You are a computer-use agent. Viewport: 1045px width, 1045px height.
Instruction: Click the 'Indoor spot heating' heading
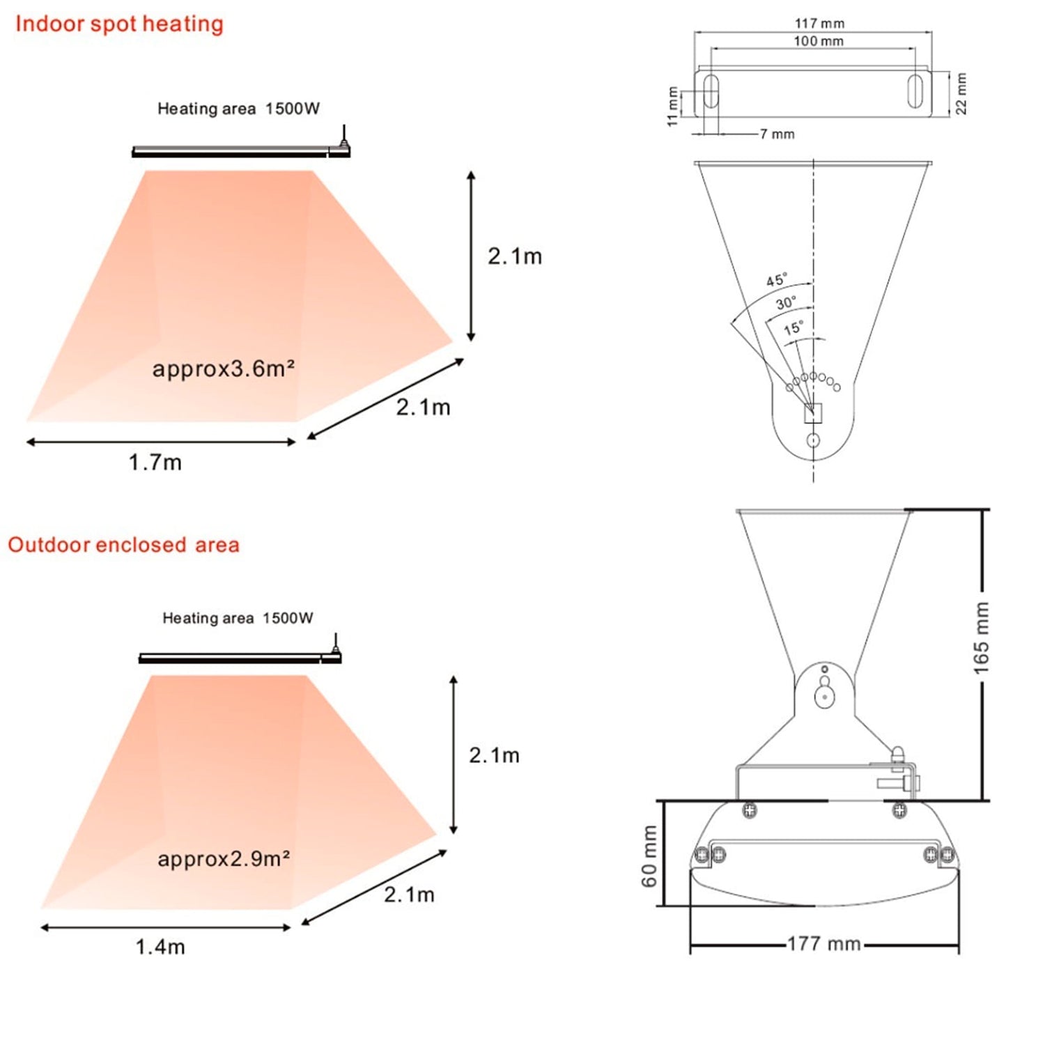click(119, 24)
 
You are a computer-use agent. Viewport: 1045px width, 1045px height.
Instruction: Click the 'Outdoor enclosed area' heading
click(123, 545)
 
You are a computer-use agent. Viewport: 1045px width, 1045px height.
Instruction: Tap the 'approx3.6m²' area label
click(223, 369)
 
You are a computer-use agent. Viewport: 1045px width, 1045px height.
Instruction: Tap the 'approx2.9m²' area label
click(223, 859)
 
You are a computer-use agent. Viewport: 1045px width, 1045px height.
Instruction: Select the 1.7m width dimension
click(155, 463)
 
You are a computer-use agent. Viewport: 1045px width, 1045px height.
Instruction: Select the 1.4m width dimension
click(160, 947)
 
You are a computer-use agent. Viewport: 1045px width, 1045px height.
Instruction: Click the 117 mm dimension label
click(819, 23)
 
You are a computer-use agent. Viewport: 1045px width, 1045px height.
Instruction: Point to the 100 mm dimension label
click(819, 41)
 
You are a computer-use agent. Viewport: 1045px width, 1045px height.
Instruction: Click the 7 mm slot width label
click(777, 134)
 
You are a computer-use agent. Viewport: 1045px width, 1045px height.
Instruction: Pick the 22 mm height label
click(961, 93)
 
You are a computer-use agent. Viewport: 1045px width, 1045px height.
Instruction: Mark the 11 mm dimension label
click(672, 106)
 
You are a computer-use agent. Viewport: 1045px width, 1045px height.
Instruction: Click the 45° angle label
click(777, 280)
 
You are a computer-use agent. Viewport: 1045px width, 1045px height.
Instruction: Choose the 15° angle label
click(793, 328)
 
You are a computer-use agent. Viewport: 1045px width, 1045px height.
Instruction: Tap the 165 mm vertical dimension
click(981, 637)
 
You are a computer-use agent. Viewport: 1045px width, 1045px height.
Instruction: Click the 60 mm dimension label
click(649, 856)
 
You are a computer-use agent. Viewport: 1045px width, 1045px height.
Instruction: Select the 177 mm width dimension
click(824, 944)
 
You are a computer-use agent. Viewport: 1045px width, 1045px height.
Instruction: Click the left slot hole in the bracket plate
click(711, 91)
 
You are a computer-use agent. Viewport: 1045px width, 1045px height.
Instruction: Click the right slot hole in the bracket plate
click(915, 91)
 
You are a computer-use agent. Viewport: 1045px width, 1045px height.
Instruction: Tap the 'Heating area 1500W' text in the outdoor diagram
click(238, 618)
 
